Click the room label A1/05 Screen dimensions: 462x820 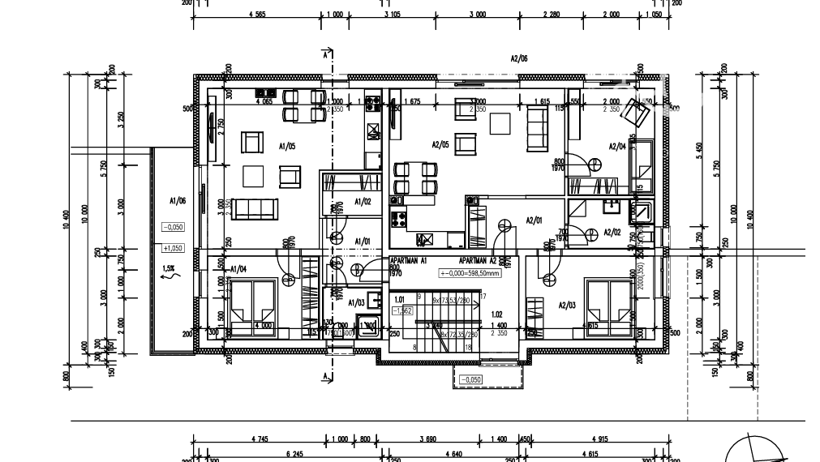(x=287, y=147)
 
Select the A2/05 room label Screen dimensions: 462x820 (x=440, y=145)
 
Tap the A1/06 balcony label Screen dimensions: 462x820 (x=178, y=199)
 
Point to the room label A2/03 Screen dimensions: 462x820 (x=567, y=305)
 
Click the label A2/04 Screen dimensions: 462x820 (x=617, y=147)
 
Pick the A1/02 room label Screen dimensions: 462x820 (x=363, y=201)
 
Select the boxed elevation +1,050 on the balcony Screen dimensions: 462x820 (x=173, y=248)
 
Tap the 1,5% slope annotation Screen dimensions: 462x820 (x=169, y=267)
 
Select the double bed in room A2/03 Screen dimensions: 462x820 (x=609, y=306)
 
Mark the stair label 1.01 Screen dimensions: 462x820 (x=399, y=299)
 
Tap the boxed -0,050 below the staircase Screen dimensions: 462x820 (x=470, y=379)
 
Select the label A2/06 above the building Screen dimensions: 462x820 (x=519, y=58)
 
